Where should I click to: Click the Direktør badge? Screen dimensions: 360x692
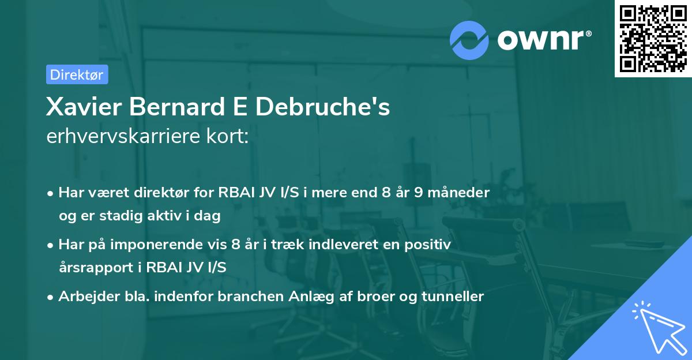(77, 74)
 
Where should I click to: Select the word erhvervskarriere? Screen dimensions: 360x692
(119, 136)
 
